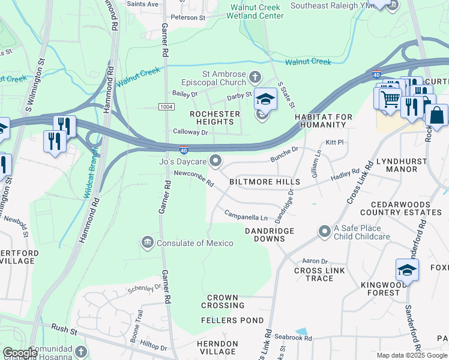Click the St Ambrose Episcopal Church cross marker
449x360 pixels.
pyautogui.click(x=255, y=77)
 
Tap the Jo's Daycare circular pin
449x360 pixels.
pyautogui.click(x=215, y=161)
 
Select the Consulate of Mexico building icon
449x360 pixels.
pyautogui.click(x=148, y=242)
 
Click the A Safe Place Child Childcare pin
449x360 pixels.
pyautogui.click(x=325, y=231)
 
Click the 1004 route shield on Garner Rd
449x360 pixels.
pyautogui.click(x=166, y=106)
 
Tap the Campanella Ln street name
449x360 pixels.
pyautogui.click(x=246, y=215)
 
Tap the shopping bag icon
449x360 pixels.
pyautogui.click(x=436, y=115)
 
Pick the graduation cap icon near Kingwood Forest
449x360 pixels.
pyautogui.click(x=406, y=270)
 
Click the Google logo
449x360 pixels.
pyautogui.click(x=19, y=353)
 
